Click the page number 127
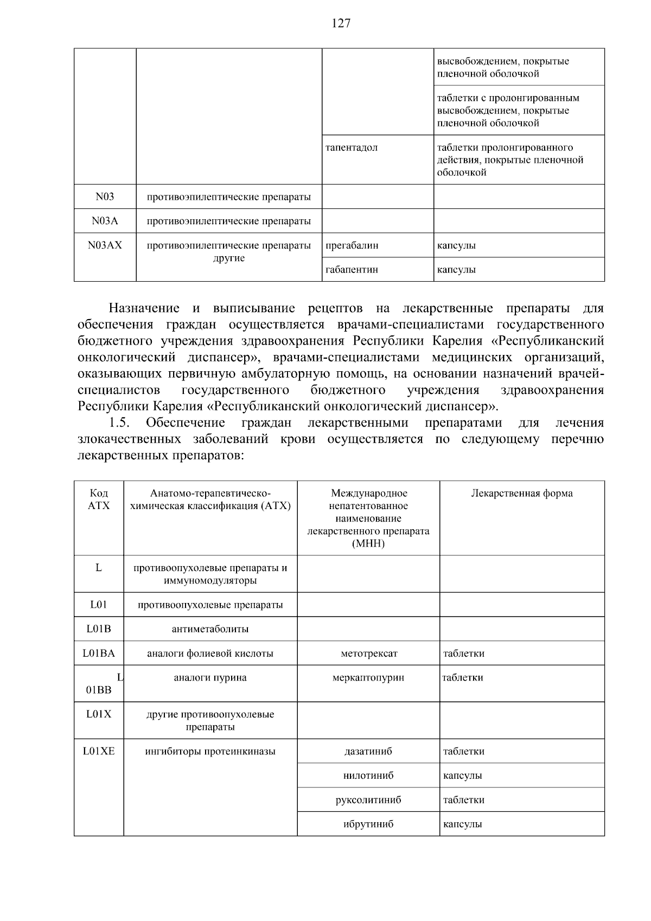point(341,23)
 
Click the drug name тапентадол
point(351,148)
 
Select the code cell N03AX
point(105,245)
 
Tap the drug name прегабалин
point(352,245)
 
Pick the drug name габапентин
point(352,269)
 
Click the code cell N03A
point(105,221)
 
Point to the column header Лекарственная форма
point(521,493)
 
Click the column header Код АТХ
point(99,499)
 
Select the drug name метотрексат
point(369,653)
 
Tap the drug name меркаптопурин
point(368,677)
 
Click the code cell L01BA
point(99,653)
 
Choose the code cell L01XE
point(99,751)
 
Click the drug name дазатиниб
point(368,751)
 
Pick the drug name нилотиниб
point(368,776)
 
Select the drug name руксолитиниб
point(368,800)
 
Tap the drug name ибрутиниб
point(368,824)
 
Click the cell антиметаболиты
point(210,629)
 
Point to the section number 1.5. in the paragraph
point(119,423)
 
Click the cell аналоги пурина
point(210,677)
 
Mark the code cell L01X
point(99,714)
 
